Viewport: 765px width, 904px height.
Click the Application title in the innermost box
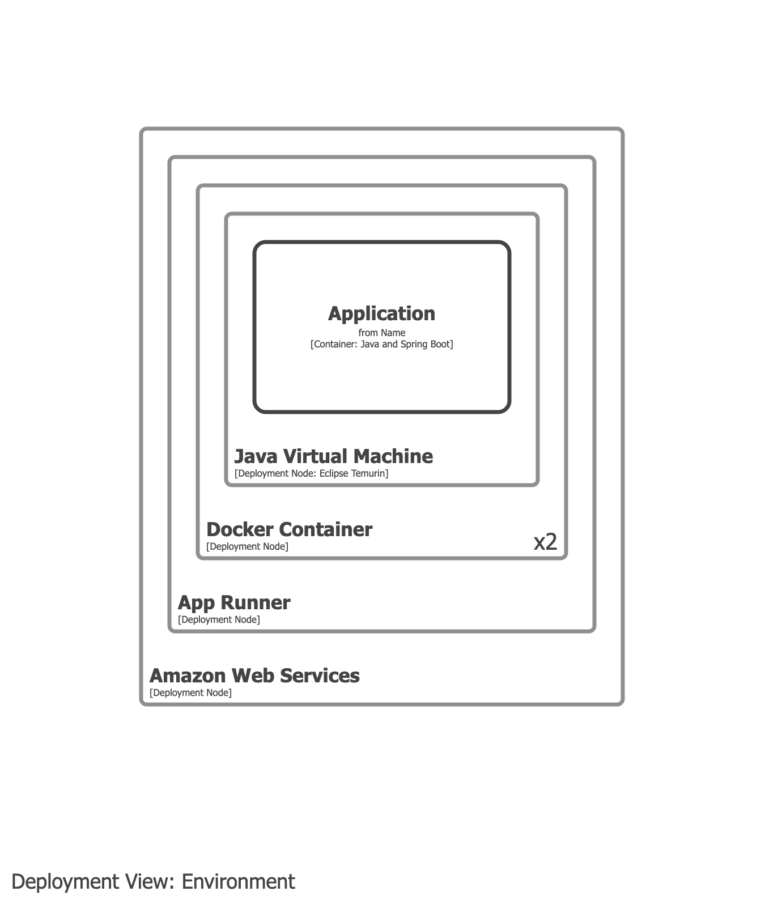coord(381,313)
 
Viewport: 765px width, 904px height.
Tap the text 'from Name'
coord(381,333)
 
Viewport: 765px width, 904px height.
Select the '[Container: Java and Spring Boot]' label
coord(381,344)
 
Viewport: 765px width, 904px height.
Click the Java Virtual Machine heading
coord(333,456)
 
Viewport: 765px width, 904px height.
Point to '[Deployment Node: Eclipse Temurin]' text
coord(311,473)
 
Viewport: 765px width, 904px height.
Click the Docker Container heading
coord(289,529)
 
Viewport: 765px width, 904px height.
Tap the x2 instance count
coord(545,542)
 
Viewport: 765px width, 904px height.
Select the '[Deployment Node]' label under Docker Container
coord(247,546)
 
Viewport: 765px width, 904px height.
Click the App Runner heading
coord(234,602)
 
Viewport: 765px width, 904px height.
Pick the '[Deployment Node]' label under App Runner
coord(219,619)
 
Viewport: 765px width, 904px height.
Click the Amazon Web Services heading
coord(254,676)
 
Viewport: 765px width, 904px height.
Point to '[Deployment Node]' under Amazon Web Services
coord(190,693)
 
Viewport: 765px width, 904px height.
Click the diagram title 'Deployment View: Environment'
coord(153,882)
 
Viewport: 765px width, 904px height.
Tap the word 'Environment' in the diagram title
coord(238,882)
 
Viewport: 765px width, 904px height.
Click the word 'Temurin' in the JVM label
coord(368,473)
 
